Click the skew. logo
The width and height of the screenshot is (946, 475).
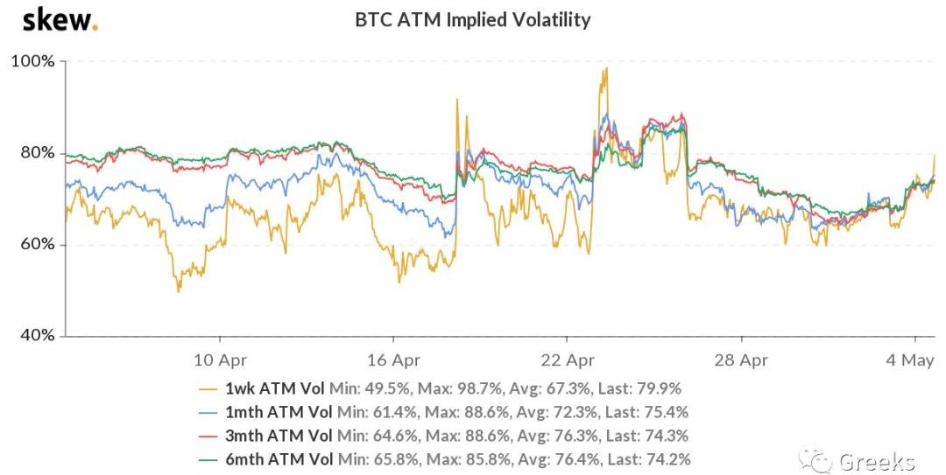tap(60, 19)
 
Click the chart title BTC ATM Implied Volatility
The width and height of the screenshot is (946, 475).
tap(473, 19)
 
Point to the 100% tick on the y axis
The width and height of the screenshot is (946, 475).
tap(32, 62)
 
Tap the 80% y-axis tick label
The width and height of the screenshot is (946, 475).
tap(36, 153)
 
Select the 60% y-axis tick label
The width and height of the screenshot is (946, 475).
tap(36, 245)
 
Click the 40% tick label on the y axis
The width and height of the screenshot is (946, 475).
tap(36, 336)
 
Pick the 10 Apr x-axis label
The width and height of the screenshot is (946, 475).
tap(219, 360)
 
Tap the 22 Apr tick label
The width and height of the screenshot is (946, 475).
tap(568, 360)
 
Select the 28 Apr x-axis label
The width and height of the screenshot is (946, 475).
tap(741, 360)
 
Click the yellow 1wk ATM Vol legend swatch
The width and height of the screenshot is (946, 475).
tap(208, 388)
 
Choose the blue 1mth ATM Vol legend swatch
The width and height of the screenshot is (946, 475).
tap(208, 412)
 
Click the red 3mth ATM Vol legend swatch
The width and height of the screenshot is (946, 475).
tap(208, 436)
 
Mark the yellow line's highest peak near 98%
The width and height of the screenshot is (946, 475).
tap(604, 69)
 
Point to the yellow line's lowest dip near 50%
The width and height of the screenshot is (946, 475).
tap(179, 290)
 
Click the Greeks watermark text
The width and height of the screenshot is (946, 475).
tap(877, 461)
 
